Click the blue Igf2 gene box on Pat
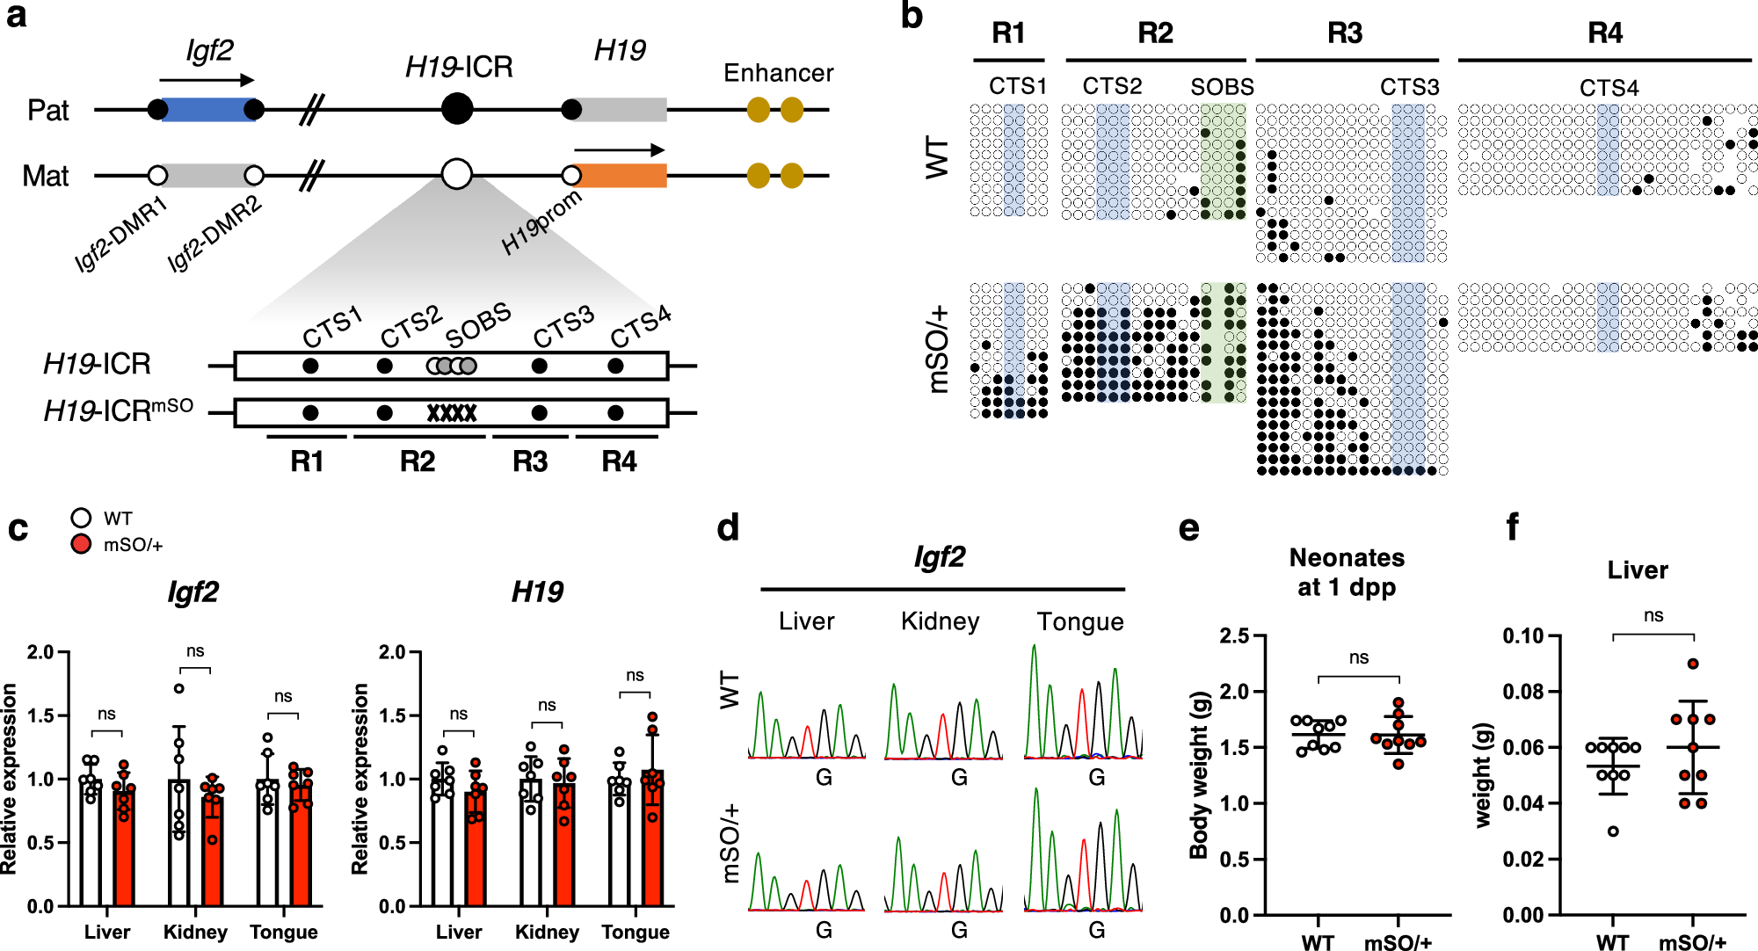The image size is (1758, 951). (207, 110)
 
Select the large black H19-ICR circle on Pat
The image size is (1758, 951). (457, 110)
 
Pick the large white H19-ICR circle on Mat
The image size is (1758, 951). (457, 174)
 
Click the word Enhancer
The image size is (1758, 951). (778, 73)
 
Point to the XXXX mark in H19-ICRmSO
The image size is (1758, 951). (452, 413)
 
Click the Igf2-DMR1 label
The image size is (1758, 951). (120, 236)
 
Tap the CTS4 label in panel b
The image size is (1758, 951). (1609, 88)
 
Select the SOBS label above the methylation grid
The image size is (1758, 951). (1222, 87)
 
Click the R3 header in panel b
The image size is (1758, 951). (1345, 33)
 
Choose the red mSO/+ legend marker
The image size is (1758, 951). (81, 544)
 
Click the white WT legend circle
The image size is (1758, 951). (81, 518)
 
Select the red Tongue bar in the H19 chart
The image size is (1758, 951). (652, 838)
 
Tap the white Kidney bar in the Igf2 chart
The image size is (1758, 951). (179, 842)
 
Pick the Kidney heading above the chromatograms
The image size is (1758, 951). (940, 621)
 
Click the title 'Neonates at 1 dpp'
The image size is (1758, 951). (1346, 572)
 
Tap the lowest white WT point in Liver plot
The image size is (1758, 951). (1613, 831)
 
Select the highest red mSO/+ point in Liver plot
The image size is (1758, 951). (1693, 664)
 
